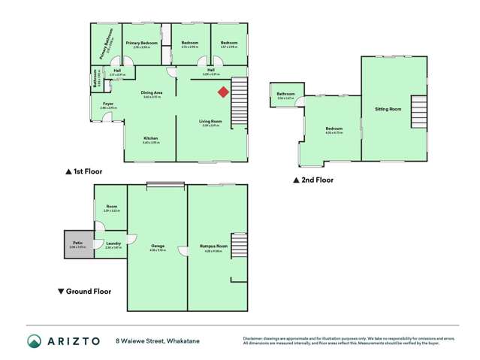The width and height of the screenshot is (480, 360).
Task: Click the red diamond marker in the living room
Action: click(x=223, y=92)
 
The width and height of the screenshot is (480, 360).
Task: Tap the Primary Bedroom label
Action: click(x=141, y=44)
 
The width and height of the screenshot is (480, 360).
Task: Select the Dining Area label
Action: click(x=152, y=93)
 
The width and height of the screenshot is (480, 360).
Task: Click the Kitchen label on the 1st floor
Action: click(x=151, y=139)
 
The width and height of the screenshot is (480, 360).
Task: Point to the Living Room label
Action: click(x=210, y=122)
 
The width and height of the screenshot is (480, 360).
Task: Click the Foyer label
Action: click(x=108, y=104)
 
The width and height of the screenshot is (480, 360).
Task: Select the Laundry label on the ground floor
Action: click(x=113, y=244)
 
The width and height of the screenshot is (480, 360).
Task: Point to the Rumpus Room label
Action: click(x=209, y=246)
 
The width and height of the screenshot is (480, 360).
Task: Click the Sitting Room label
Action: click(x=388, y=110)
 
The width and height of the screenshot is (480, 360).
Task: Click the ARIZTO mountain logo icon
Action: click(x=34, y=340)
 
